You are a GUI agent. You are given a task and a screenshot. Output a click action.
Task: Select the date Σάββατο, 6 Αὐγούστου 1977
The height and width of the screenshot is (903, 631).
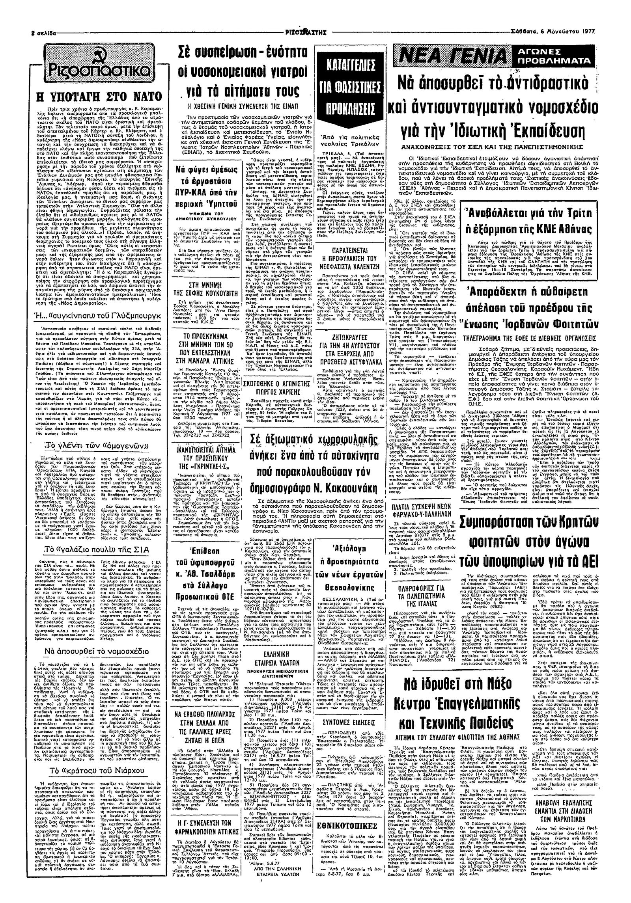pos(552,31)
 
